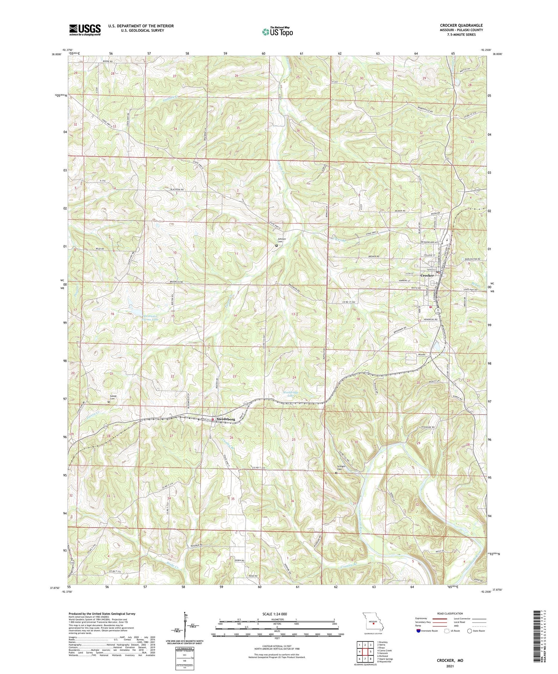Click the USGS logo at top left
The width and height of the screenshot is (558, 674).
point(85,29)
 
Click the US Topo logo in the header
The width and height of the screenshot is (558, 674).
point(277,32)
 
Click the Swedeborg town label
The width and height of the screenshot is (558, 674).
point(226,419)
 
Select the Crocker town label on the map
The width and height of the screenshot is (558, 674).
point(427,275)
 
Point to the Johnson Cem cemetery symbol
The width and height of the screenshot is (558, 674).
point(276,246)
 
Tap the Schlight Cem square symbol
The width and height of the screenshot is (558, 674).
point(336,473)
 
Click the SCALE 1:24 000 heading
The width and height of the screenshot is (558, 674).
point(276,614)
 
